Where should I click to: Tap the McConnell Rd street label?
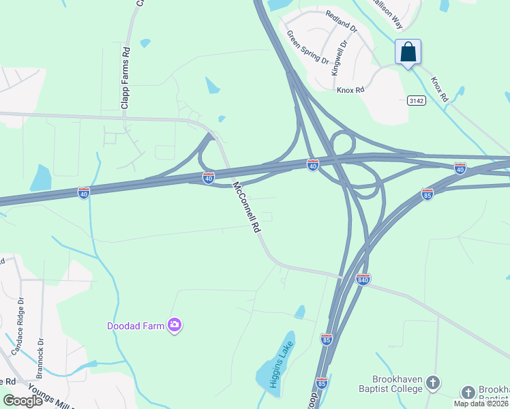(247, 207)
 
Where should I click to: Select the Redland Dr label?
(342, 22)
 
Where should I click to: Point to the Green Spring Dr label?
(307, 46)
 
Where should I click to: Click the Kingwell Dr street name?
(339, 56)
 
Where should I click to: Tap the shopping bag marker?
(408, 52)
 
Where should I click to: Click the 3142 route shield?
(416, 100)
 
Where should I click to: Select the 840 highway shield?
(363, 279)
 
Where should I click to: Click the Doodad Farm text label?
(136, 326)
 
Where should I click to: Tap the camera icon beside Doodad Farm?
(175, 325)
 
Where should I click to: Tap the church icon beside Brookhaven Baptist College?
(432, 384)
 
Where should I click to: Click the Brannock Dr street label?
(41, 354)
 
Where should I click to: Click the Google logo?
(22, 400)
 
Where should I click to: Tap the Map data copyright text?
(481, 404)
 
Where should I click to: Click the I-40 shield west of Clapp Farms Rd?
(83, 193)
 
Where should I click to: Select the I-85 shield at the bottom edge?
(321, 382)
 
